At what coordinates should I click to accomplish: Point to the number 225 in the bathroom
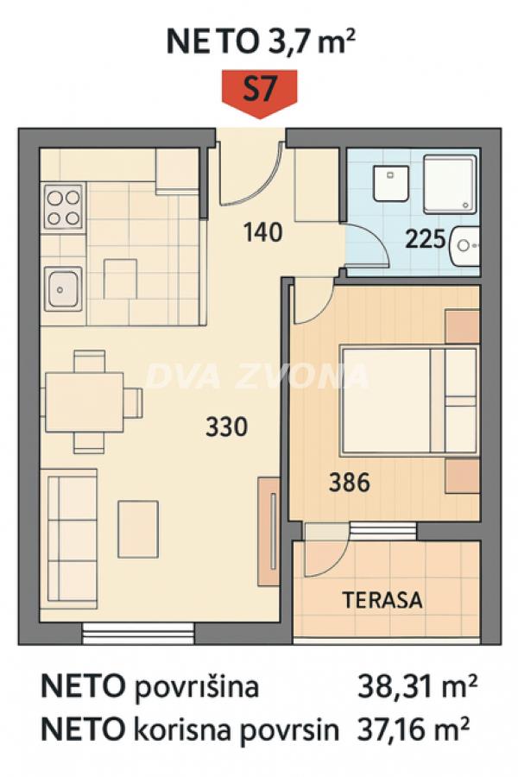426,237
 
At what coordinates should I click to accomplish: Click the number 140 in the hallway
263,232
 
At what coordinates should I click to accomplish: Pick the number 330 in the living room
228,426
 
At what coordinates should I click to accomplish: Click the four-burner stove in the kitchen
63,207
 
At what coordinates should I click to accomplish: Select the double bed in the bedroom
407,400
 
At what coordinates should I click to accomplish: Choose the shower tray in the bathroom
449,185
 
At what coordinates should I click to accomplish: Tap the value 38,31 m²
417,688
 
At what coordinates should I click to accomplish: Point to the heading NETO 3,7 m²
258,41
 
